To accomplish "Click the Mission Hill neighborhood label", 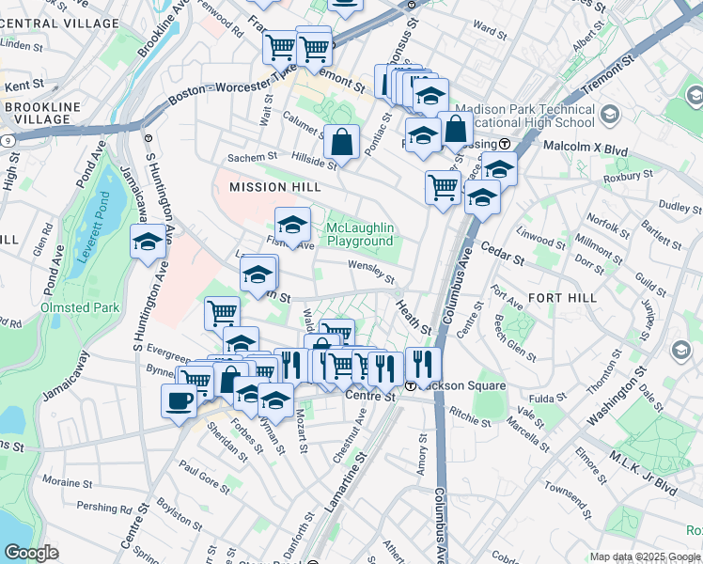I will pos(276,188).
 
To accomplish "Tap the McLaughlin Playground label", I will pos(360,235).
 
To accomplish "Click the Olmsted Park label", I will pos(80,307).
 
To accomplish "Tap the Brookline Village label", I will pos(41,114).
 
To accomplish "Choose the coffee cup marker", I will pos(179,401).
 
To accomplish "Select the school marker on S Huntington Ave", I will pos(148,243).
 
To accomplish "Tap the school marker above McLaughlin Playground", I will pos(292,226).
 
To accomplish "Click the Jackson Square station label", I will pos(452,386).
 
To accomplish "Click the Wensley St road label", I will pos(371,272).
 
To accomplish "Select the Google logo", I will pos(32,553).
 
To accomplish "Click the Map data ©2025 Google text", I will pos(644,556).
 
